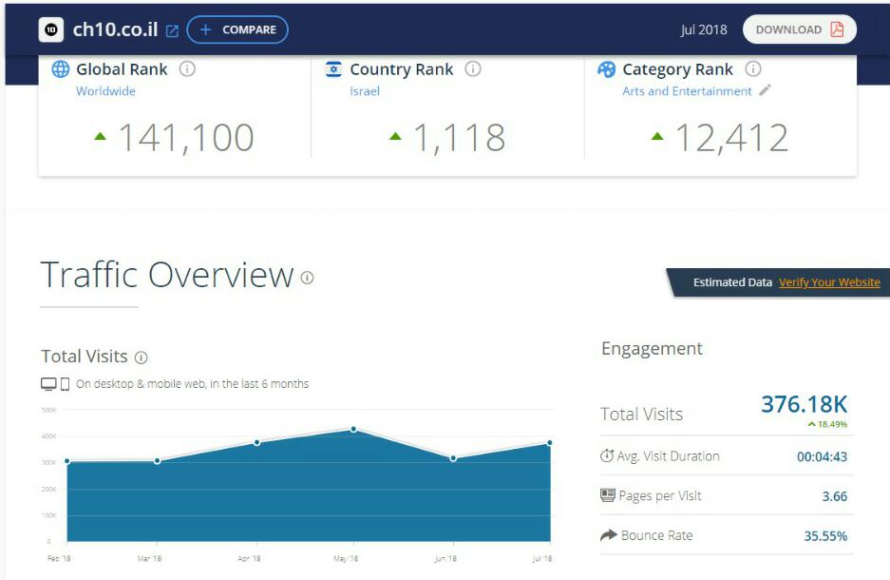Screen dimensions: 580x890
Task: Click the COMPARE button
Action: (237, 29)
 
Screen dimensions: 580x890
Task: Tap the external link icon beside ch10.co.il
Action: (172, 30)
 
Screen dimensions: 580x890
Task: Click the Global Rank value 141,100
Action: (185, 138)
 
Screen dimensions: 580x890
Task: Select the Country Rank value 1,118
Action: (458, 138)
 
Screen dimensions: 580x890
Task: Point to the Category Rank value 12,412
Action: (731, 138)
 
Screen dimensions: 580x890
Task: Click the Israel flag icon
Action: (333, 69)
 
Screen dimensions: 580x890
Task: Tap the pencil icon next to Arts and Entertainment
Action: (765, 90)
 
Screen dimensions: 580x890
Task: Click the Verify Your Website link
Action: (829, 282)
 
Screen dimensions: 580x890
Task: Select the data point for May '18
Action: (353, 429)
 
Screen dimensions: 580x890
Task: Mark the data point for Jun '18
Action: (453, 458)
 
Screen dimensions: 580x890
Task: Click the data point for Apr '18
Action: (256, 442)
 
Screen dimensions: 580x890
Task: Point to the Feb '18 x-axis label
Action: (59, 558)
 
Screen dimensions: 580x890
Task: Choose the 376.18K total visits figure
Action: (804, 404)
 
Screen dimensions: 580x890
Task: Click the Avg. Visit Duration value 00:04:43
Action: (822, 456)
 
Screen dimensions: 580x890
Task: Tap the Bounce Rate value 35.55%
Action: (825, 536)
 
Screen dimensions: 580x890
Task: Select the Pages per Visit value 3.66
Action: (834, 496)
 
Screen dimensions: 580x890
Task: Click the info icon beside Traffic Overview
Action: (307, 278)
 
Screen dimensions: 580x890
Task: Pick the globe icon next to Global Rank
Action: (61, 69)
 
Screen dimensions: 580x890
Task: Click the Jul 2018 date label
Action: (703, 29)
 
